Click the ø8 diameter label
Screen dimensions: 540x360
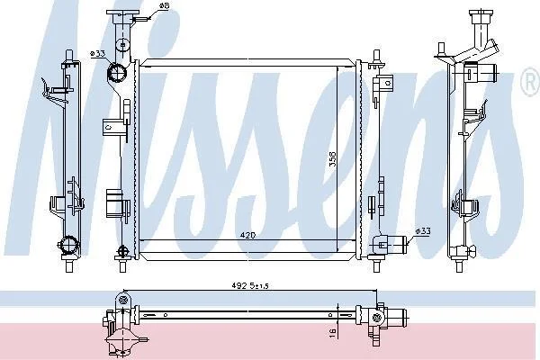(x=164, y=6)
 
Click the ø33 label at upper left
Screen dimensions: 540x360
(x=97, y=53)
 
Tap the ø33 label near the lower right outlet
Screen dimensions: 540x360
(x=423, y=230)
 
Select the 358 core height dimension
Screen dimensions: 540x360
(x=332, y=159)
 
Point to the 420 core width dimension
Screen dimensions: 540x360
(x=247, y=235)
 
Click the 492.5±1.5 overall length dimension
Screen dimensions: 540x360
(x=250, y=285)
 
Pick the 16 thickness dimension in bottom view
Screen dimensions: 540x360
(x=333, y=333)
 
